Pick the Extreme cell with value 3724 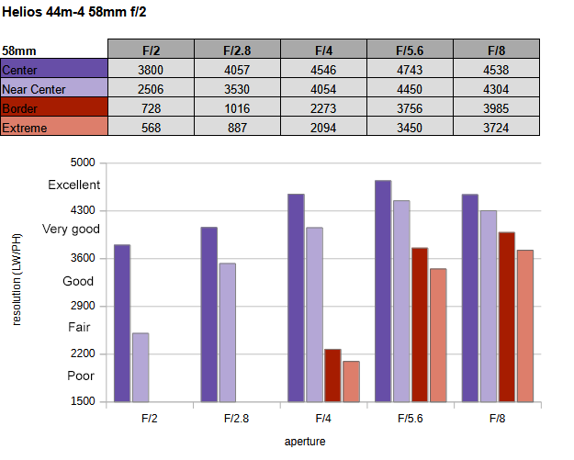497,127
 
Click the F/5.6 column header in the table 411,50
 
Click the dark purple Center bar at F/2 122,323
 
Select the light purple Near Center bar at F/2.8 227,332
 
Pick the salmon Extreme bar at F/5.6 437,335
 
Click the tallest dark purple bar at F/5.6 383,291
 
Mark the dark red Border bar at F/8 506,317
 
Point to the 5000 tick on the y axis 83,163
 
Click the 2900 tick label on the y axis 83,306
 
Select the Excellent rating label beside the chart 74,185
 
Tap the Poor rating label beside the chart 81,376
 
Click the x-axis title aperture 305,441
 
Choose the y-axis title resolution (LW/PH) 17,279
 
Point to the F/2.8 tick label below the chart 236,418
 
